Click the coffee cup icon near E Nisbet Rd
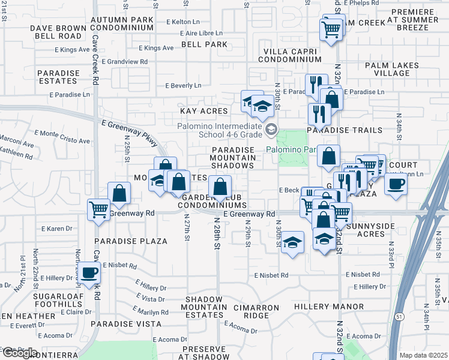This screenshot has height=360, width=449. click(89, 272)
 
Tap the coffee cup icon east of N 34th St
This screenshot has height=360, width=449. click(396, 184)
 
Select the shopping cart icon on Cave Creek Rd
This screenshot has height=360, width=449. click(98, 209)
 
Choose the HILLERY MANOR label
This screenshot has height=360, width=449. click(329, 307)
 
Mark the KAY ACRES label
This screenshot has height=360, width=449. click(205, 111)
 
